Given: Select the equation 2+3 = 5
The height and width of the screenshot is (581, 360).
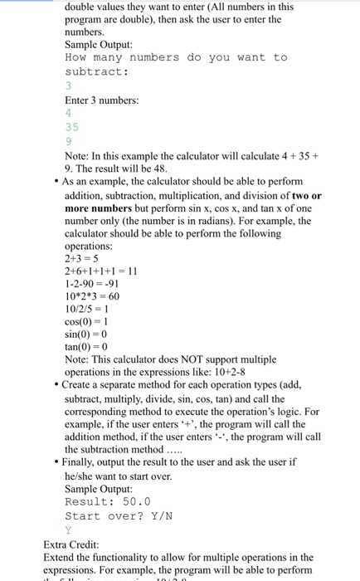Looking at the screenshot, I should click(x=81, y=257).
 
